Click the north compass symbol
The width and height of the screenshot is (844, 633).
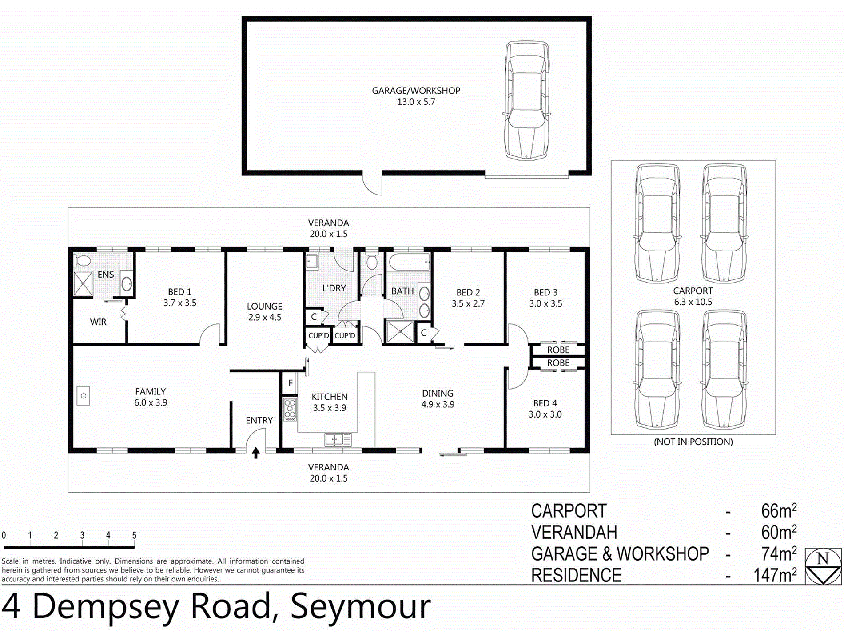pos(823,566)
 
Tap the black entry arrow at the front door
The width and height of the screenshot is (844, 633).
pos(256,453)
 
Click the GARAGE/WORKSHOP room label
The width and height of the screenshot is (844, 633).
pos(416,91)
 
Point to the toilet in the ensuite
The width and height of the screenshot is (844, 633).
pos(82,260)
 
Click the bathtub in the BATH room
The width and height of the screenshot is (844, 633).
pos(409,262)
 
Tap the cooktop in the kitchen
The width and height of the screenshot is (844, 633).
pos(290,410)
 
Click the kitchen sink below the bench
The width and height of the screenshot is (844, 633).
pos(338,440)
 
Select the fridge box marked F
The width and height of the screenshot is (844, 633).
pos(290,383)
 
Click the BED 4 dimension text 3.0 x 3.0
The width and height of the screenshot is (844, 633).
pos(545,414)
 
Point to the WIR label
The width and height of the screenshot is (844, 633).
pos(98,322)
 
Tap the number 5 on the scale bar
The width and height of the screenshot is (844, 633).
pos(134,535)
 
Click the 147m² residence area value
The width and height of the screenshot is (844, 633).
pos(775,575)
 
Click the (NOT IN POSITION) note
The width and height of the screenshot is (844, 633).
pos(693,442)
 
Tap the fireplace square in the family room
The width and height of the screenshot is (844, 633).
pos(84,396)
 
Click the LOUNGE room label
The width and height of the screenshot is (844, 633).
pos(264,306)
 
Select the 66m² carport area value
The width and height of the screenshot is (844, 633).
pos(779,511)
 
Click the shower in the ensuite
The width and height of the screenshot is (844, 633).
pos(83,283)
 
